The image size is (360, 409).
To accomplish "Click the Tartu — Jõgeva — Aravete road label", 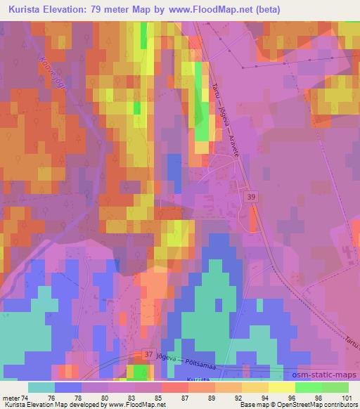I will click(x=229, y=120).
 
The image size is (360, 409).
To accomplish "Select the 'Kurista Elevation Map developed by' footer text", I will click(x=46, y=405).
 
